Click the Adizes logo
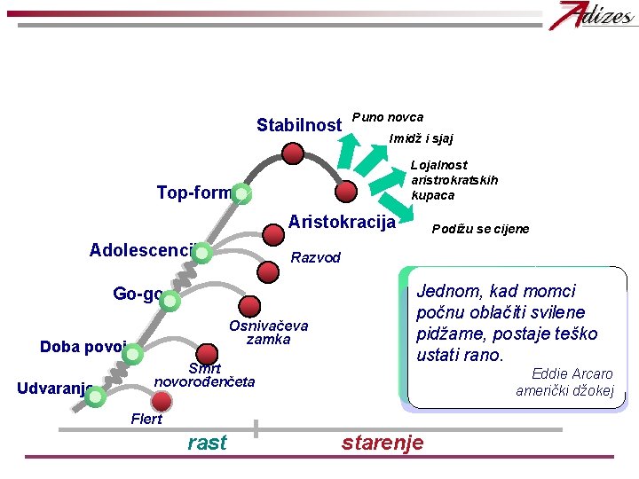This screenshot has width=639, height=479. (x=585, y=17)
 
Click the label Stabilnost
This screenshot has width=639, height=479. (x=298, y=125)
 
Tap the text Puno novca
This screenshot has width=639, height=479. (x=388, y=117)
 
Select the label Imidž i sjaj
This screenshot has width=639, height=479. (x=422, y=138)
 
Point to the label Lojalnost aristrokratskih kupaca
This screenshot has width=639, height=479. (x=454, y=180)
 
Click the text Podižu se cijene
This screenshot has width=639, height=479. (x=480, y=229)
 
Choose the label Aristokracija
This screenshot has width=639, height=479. (x=342, y=222)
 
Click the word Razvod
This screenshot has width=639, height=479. (x=316, y=257)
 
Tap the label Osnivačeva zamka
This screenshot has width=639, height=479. (x=268, y=333)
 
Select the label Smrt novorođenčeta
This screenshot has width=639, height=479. (x=205, y=375)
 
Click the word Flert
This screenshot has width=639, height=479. (x=146, y=419)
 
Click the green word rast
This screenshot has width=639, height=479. (x=208, y=443)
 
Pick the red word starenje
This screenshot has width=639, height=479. (x=383, y=443)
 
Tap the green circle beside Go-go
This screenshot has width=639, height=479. (x=170, y=302)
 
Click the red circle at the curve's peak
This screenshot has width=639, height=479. (x=294, y=153)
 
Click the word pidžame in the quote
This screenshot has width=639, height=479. (x=449, y=334)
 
